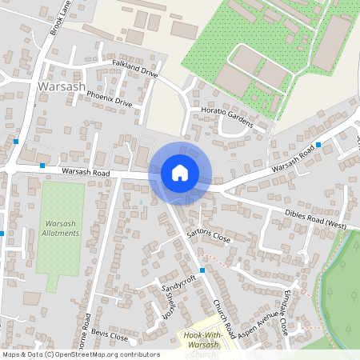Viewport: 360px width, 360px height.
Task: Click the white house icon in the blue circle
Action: pyautogui.click(x=180, y=173)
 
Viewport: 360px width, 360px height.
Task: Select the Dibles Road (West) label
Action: pyautogui.click(x=315, y=219)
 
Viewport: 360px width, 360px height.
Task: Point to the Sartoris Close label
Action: pyautogui.click(x=208, y=234)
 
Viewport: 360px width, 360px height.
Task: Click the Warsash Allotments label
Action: pyautogui.click(x=59, y=227)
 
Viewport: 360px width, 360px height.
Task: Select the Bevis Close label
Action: pyautogui.click(x=109, y=334)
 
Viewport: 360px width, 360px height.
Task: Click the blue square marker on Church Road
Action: pyautogui.click(x=202, y=270)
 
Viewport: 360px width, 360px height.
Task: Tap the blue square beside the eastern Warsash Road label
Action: pyautogui.click(x=318, y=145)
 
